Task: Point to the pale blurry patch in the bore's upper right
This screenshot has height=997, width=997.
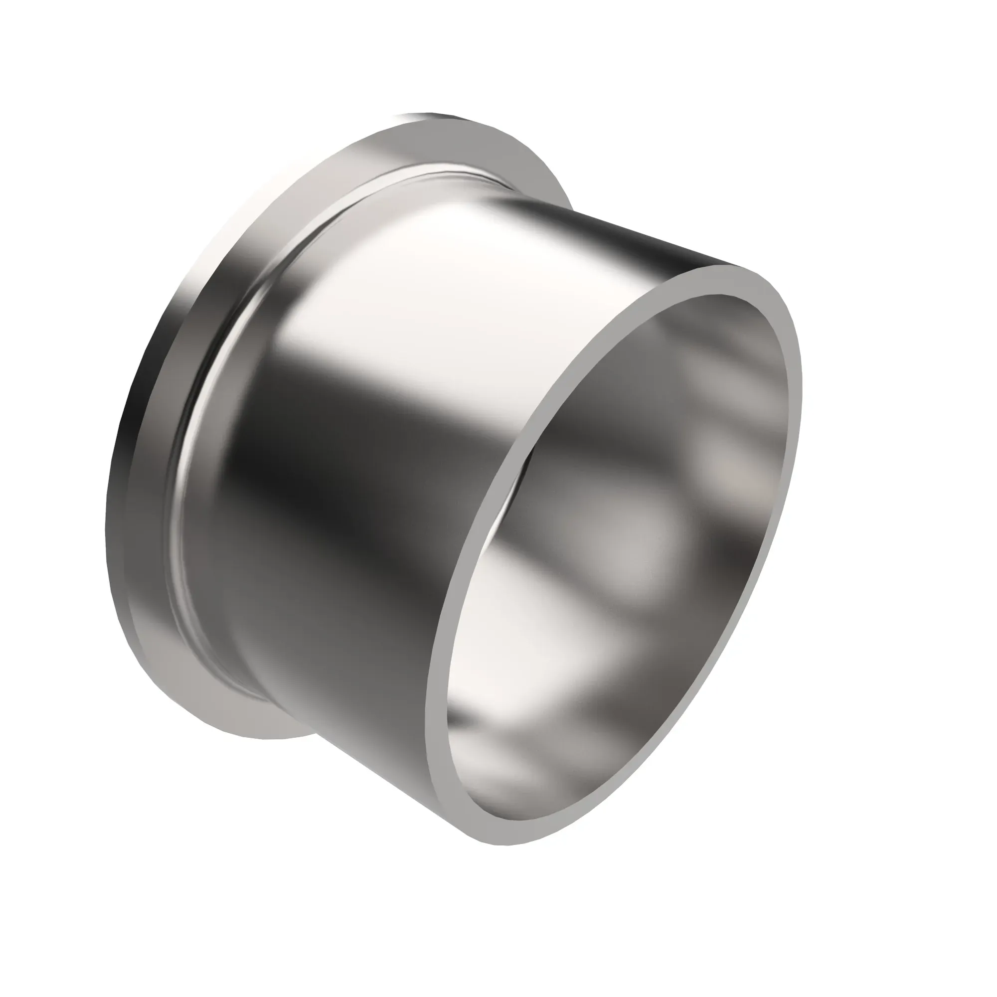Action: pyautogui.click(x=722, y=454)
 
